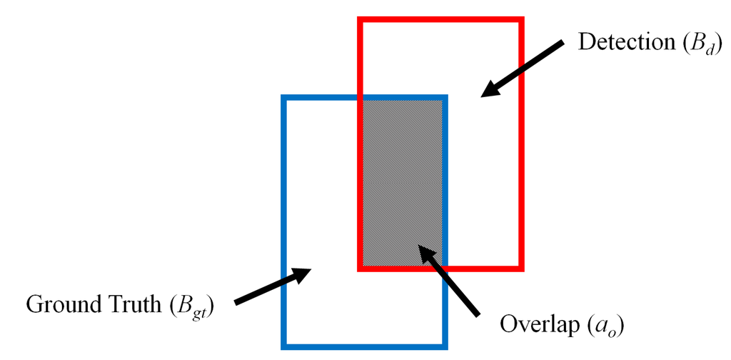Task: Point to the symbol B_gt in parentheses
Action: [x=193, y=307]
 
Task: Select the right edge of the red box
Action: [x=522, y=143]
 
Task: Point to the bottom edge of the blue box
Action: [x=364, y=346]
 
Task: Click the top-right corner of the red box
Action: [x=522, y=21]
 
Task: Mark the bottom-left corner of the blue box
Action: [x=283, y=346]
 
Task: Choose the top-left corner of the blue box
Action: [x=283, y=97]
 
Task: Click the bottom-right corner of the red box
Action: [x=522, y=269]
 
